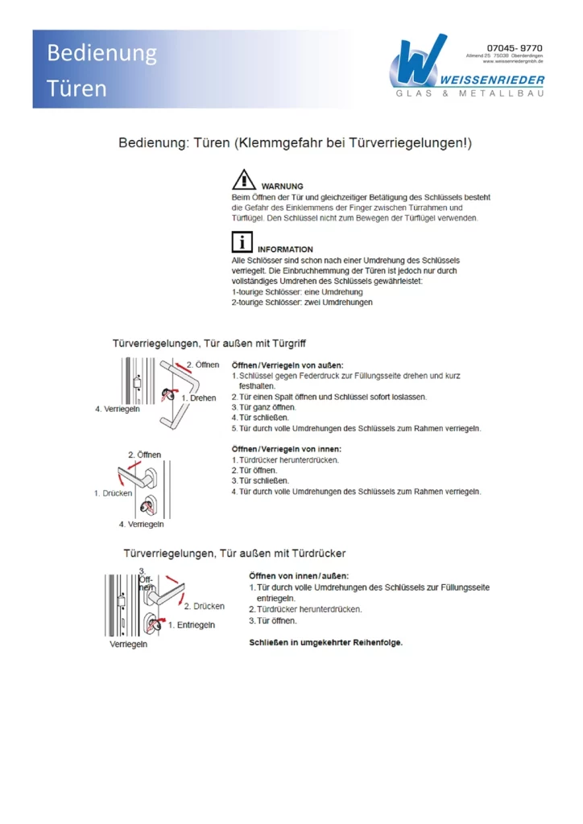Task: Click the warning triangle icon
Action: click(x=244, y=180)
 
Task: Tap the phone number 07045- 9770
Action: click(x=515, y=48)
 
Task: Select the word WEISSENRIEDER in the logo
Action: click(x=493, y=80)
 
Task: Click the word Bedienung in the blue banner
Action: click(x=101, y=53)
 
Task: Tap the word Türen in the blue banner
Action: click(x=76, y=88)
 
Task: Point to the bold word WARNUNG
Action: click(x=282, y=187)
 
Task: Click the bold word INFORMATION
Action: click(x=285, y=249)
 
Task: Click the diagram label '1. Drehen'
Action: click(x=198, y=398)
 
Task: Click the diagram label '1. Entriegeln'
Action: click(x=191, y=625)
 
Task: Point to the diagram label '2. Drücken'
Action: click(x=204, y=606)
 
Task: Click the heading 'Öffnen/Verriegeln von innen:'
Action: click(x=286, y=448)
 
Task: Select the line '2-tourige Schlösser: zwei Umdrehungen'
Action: click(x=302, y=303)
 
